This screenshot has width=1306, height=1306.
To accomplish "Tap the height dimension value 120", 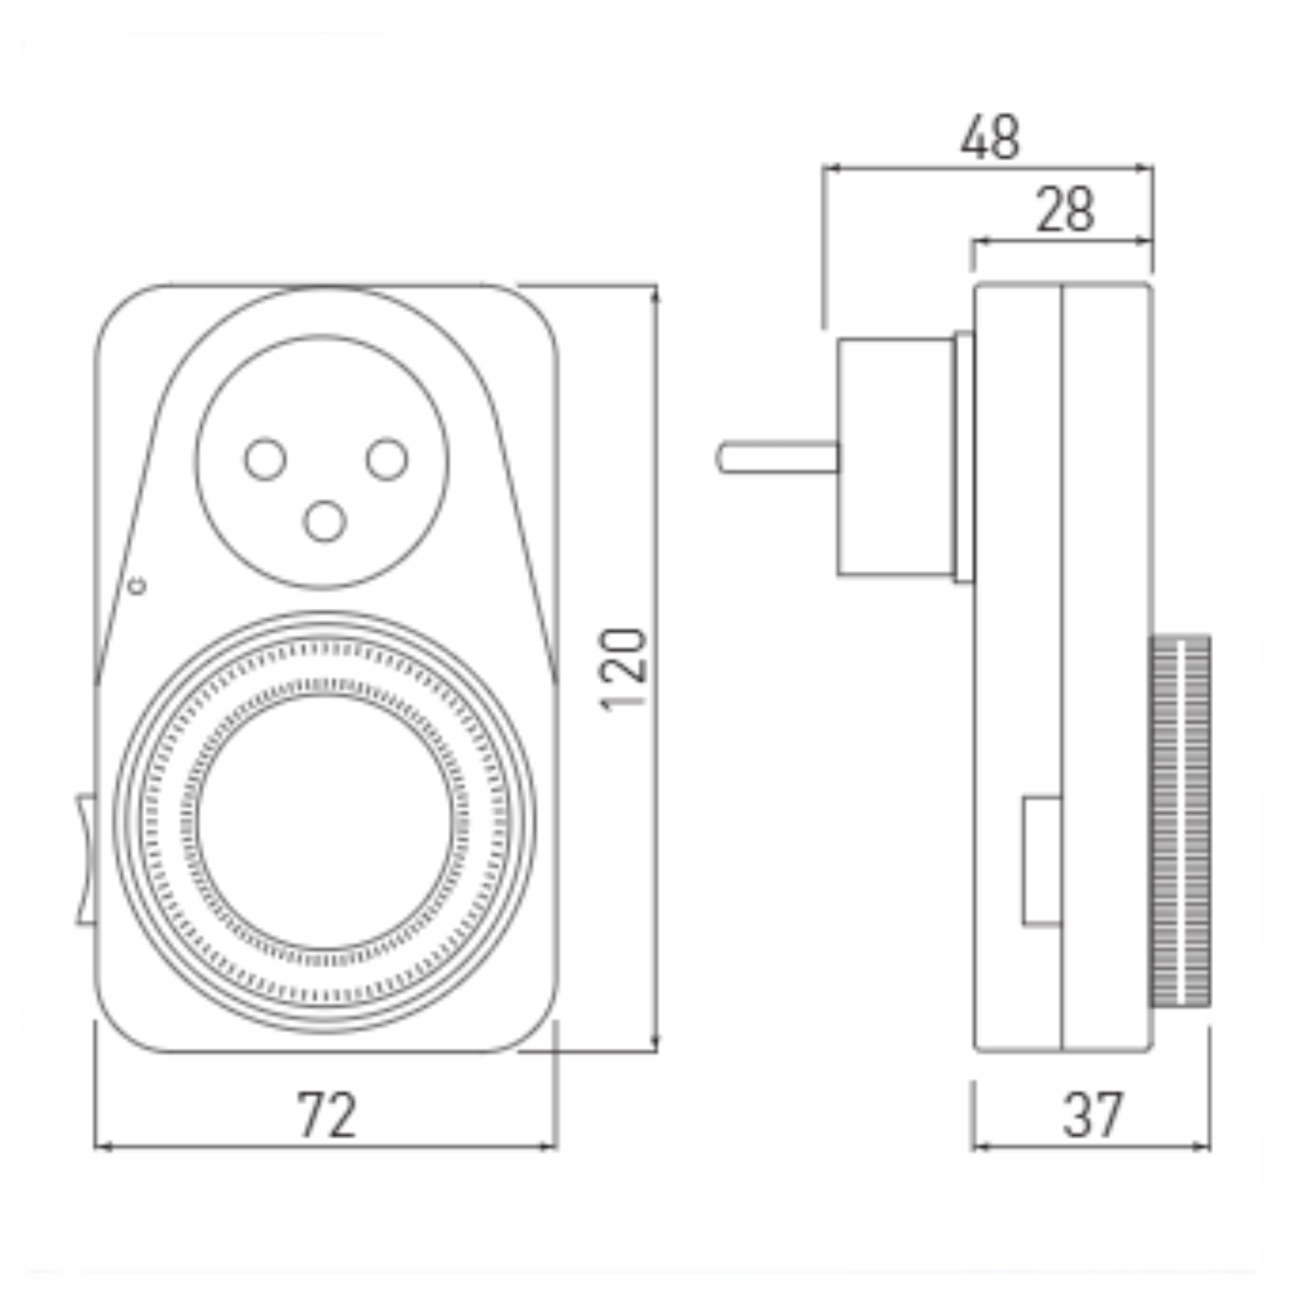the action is [623, 669].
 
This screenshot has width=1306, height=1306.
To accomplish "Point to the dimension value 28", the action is [1065, 209].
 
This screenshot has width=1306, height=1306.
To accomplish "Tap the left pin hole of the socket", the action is [265, 459].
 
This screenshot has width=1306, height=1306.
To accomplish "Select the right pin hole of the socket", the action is [387, 459].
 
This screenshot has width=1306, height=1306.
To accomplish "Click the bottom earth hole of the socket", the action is [324, 521].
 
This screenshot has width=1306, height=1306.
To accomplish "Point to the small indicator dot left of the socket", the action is [138, 586].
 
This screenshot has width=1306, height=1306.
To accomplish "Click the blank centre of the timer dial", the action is [325, 823].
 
